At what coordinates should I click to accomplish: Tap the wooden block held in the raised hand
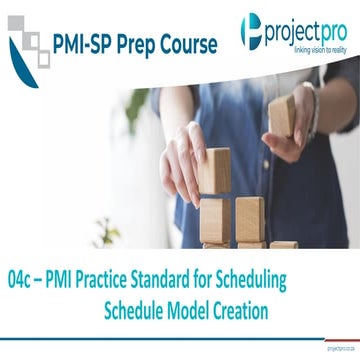[282, 115]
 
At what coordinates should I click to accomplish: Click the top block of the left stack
[215, 171]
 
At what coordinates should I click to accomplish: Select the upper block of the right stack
[249, 212]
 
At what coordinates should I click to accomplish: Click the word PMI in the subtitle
[70, 276]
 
